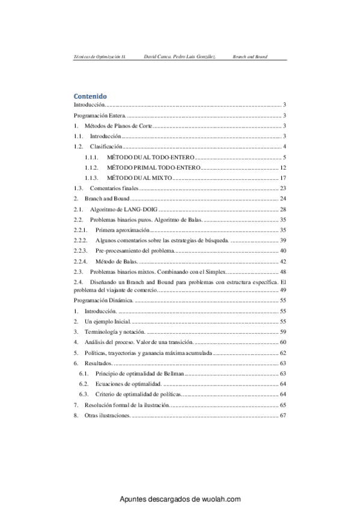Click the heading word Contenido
[90, 96]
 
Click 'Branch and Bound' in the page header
[249, 56]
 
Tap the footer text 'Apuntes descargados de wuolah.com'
[180, 499]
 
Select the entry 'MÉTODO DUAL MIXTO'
[139, 178]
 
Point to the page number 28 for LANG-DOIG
[282, 209]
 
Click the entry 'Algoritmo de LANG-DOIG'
[124, 209]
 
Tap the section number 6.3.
[84, 394]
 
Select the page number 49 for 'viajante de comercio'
[282, 290]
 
